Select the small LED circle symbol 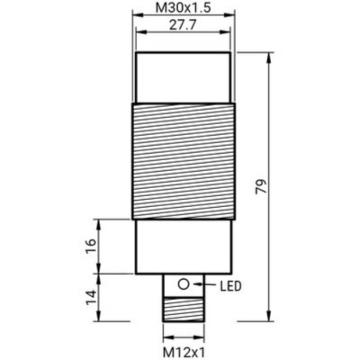(x=184, y=284)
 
